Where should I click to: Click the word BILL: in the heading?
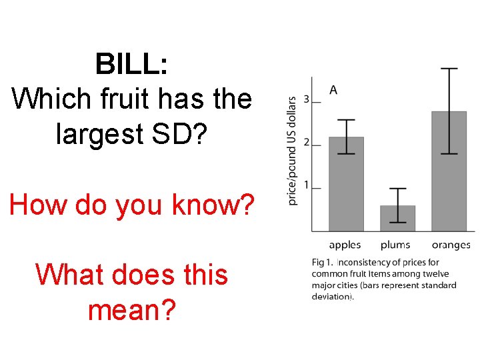[131, 65]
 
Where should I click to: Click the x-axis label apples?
[345, 245]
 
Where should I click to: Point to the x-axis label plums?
[395, 245]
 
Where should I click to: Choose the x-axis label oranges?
[451, 245]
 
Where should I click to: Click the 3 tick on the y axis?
[306, 100]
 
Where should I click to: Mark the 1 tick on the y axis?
[306, 185]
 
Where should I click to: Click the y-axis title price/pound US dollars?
[292, 151]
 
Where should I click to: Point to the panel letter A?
[333, 90]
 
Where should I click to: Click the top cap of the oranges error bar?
[449, 69]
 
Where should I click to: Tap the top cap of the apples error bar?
[346, 121]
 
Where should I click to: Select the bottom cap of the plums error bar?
[397, 222]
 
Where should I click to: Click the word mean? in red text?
[133, 309]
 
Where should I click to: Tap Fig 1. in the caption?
[323, 263]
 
